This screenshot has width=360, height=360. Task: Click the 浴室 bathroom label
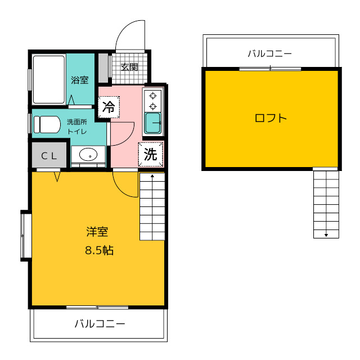[x=80, y=80]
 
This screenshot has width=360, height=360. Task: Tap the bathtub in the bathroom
[x=49, y=79]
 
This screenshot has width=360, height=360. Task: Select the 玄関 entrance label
[x=129, y=67]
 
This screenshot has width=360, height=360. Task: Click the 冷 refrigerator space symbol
[x=109, y=107]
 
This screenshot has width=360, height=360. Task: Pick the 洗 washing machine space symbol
[x=151, y=154]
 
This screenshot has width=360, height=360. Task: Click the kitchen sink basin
[x=152, y=123]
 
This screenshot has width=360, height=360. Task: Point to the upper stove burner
[x=152, y=96]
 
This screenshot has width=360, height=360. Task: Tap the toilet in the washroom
[x=47, y=124]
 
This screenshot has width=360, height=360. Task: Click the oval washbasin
[x=88, y=154]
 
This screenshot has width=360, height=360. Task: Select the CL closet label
[x=49, y=156]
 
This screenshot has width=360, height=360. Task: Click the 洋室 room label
[x=97, y=232]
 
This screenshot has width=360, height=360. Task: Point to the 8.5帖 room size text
[x=99, y=250]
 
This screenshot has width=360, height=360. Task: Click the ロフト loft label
[x=271, y=118]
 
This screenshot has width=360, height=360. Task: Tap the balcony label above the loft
[x=270, y=54]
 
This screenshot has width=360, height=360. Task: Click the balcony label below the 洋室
[x=100, y=324]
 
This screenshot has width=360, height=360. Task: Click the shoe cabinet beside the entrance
[x=103, y=68]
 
